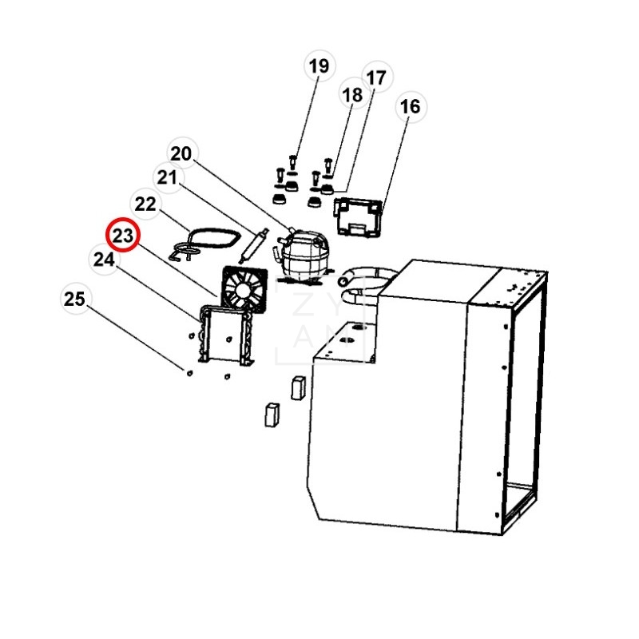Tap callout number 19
click(319, 66)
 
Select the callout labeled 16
click(409, 106)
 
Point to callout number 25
click(74, 300)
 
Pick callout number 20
click(181, 153)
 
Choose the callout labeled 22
click(145, 204)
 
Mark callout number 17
click(375, 77)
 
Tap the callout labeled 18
click(352, 95)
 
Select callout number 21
click(165, 178)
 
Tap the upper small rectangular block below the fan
click(300, 387)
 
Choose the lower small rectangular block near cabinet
click(271, 414)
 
